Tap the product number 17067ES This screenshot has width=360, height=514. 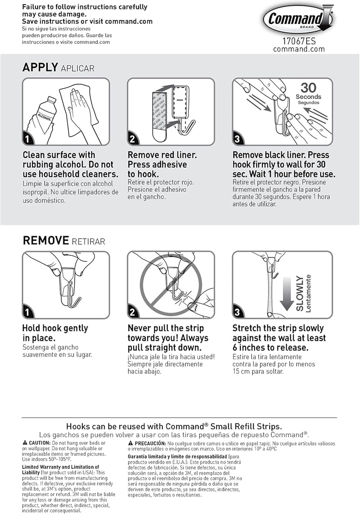coord(299,41)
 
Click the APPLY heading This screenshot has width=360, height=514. coord(40,67)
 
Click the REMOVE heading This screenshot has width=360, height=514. coord(46,241)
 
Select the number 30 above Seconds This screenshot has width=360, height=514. coord(308,88)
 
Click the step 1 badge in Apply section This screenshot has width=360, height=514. coord(27,139)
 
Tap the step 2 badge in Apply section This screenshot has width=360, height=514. coord(132,139)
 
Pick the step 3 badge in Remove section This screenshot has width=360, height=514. coord(237,312)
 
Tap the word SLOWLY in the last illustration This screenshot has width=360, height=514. coord(300,293)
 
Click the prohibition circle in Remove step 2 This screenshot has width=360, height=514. coord(171,284)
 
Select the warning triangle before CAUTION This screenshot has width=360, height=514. coord(25,443)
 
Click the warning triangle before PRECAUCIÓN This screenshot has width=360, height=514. coord(130,443)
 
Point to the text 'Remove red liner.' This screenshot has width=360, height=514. coord(162,155)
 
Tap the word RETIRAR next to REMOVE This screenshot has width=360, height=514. coord(88,242)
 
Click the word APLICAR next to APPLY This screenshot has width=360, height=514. coord(77,68)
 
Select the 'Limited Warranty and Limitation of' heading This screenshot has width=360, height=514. coord(60,467)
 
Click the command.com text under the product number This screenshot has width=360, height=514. coord(299,49)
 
